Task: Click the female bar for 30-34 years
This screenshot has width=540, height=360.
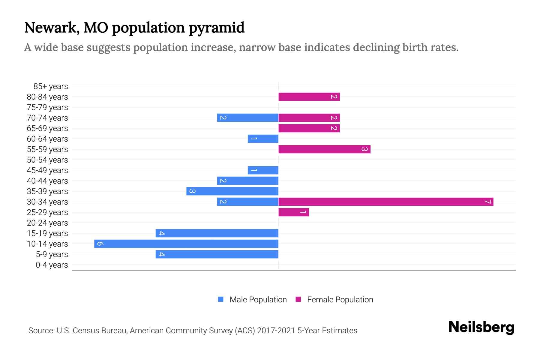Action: point(385,202)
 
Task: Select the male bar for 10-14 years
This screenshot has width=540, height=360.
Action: point(186,244)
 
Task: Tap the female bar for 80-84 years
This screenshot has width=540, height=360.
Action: point(309,97)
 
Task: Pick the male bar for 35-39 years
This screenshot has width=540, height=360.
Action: point(232,191)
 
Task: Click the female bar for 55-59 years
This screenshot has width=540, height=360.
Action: point(324,149)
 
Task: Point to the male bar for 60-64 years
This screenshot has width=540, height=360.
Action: point(263,139)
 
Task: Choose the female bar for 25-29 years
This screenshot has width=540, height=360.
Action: point(293,212)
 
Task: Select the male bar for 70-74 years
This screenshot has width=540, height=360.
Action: point(247,118)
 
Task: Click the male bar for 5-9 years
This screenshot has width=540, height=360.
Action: point(217,254)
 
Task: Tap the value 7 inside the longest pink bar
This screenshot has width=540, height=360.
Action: point(488,202)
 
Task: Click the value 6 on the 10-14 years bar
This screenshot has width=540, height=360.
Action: point(100,244)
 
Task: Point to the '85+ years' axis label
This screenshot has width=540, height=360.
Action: point(50,86)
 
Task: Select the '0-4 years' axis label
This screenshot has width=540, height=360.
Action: point(52,265)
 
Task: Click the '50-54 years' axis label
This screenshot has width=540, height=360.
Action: point(47,160)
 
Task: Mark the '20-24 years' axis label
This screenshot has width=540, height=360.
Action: point(47,223)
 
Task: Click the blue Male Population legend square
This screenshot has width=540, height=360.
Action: point(221,299)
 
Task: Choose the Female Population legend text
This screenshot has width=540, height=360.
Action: point(340,299)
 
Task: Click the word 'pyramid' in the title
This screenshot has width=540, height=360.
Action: point(217,28)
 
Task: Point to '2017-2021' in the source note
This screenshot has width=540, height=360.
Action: point(276,331)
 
